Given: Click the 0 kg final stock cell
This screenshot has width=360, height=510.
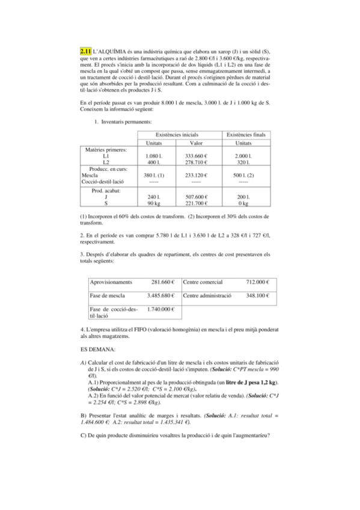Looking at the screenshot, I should point(243,203).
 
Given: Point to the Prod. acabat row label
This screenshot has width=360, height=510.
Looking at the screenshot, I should point(106,190).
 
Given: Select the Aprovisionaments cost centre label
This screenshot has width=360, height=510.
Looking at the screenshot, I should point(111,282).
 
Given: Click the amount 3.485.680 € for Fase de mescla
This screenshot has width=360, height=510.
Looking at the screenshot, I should point(160,296).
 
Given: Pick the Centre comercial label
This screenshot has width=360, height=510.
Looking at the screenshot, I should point(203,282).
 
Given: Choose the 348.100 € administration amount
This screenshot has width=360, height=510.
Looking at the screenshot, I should point(257,296).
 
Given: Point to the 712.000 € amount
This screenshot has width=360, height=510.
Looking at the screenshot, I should point(257,282).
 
